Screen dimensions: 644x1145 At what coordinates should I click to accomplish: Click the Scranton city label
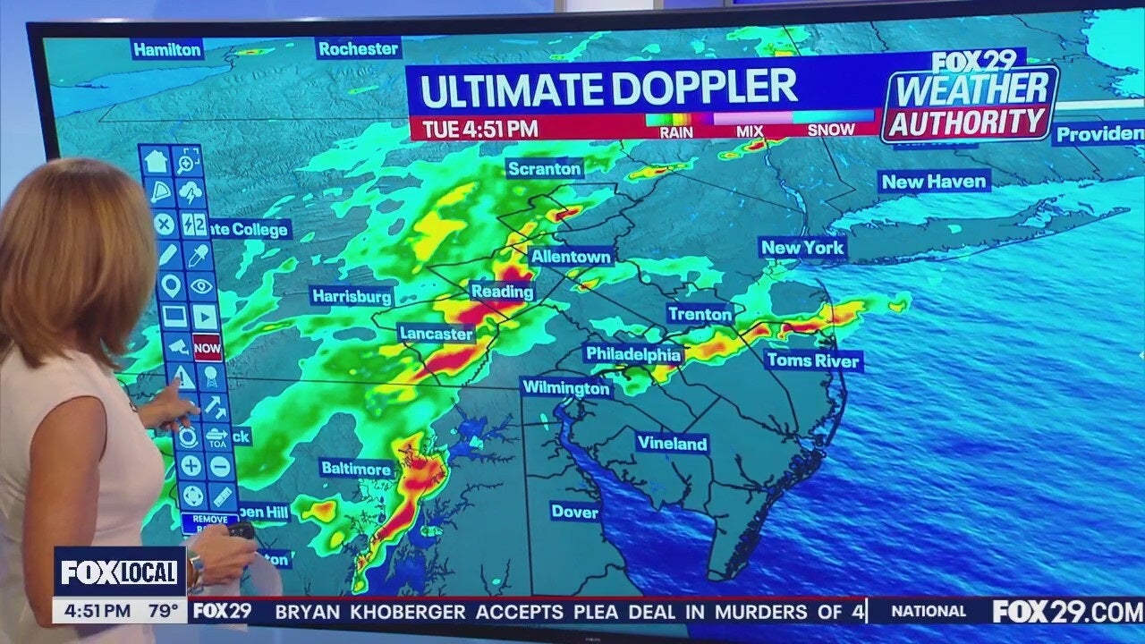(544, 168)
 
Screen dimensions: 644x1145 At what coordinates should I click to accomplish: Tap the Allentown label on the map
(571, 257)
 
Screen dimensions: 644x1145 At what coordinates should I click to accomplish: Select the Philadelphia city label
(633, 355)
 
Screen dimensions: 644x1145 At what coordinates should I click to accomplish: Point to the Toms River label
(813, 361)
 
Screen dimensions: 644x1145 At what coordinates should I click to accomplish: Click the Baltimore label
(356, 469)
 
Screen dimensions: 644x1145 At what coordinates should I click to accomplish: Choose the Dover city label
(574, 512)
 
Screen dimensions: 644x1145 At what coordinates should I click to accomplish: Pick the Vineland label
(672, 444)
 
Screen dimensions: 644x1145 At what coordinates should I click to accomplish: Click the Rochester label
(358, 48)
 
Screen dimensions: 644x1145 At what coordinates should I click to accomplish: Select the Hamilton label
(167, 49)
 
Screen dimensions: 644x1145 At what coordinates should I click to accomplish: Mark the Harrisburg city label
(352, 296)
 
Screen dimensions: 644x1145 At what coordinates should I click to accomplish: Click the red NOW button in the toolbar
(208, 347)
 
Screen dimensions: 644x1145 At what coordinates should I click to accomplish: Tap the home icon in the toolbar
(156, 162)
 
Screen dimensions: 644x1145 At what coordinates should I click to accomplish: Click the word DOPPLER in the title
(704, 89)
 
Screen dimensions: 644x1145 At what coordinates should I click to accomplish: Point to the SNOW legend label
(831, 131)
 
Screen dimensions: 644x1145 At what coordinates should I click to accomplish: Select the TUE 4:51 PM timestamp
(479, 129)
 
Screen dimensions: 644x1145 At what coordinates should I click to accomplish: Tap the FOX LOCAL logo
(119, 572)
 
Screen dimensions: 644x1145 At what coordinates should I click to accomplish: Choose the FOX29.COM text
(1066, 612)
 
